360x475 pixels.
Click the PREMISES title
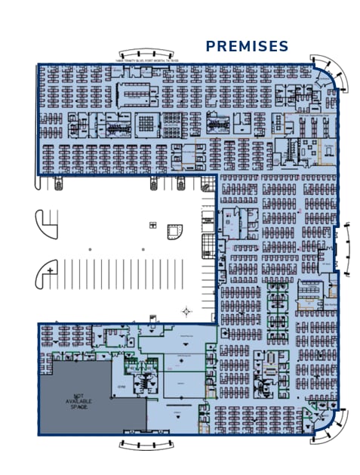(247, 46)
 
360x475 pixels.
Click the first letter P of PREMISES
(211, 46)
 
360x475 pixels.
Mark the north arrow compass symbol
(186, 310)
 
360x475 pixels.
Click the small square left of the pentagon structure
(152, 225)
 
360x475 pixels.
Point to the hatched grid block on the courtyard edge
(208, 246)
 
